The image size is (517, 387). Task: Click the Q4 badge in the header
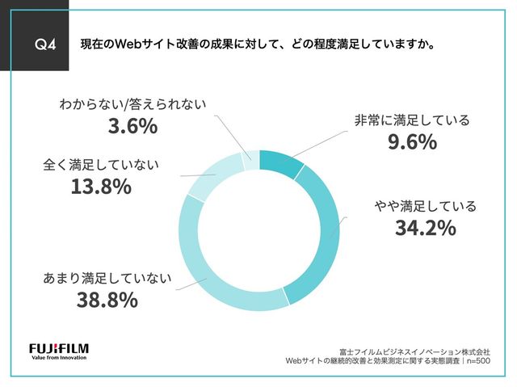click(38, 44)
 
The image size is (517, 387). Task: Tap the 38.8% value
click(106, 301)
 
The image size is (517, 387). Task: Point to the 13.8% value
click(100, 187)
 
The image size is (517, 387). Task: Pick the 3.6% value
click(132, 127)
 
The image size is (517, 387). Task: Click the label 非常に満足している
click(412, 120)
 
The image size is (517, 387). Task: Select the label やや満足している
click(425, 206)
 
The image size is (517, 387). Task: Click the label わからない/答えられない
click(132, 104)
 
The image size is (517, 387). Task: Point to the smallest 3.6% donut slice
click(251, 160)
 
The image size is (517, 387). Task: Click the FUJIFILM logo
click(59, 348)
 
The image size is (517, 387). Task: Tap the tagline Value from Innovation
click(59, 360)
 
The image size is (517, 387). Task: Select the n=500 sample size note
click(476, 361)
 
